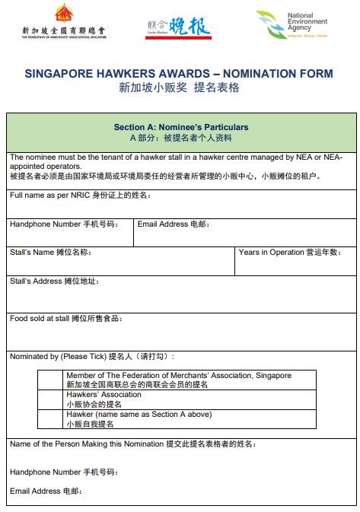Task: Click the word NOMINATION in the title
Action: pyautogui.click(x=260, y=74)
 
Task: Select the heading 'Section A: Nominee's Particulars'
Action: pyautogui.click(x=181, y=127)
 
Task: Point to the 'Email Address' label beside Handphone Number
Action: pyautogui.click(x=163, y=224)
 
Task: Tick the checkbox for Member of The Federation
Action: pyautogui.click(x=49, y=380)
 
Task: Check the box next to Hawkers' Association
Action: pyautogui.click(x=49, y=399)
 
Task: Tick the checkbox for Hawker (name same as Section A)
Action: pyautogui.click(x=49, y=419)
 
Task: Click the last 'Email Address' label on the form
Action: pyautogui.click(x=35, y=491)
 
